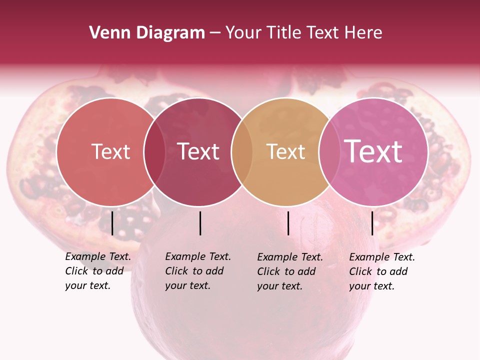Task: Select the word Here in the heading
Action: [x=365, y=33]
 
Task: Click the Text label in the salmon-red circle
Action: [x=110, y=151]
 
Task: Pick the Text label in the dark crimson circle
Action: [x=198, y=151]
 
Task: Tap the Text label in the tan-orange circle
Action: [x=285, y=151]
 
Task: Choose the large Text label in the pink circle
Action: [x=373, y=151]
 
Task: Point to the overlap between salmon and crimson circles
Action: [x=154, y=151]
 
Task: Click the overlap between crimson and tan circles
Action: [x=242, y=151]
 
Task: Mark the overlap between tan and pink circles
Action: [x=328, y=151]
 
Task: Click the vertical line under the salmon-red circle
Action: [x=112, y=223]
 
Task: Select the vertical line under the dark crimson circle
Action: [x=200, y=223]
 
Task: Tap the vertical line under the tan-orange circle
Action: [x=288, y=223]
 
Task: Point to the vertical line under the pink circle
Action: [x=372, y=223]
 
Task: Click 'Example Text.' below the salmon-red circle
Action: [x=98, y=256]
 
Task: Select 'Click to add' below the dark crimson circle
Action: [x=194, y=271]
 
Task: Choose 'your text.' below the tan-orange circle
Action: [x=279, y=286]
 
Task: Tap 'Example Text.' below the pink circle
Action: [x=382, y=257]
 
